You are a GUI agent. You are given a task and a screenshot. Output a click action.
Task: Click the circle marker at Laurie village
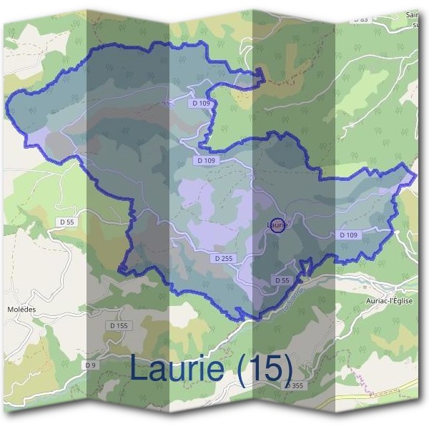tap(278, 225)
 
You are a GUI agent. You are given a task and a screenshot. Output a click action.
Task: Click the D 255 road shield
tap(224, 258)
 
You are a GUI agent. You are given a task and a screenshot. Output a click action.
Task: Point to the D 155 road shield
tap(119, 325)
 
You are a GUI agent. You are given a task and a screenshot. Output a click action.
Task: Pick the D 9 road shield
tap(90, 365)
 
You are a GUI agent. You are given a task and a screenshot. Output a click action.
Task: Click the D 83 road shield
tap(361, 20)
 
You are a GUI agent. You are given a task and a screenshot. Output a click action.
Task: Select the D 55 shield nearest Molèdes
tap(66, 222)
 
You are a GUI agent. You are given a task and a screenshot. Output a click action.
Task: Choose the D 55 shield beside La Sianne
tap(282, 281)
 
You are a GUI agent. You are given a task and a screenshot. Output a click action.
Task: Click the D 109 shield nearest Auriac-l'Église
tap(348, 235)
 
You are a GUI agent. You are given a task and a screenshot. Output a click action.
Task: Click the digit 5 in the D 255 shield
tap(230, 258)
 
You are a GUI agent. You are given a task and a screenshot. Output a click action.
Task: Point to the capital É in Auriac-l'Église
tap(393, 301)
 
